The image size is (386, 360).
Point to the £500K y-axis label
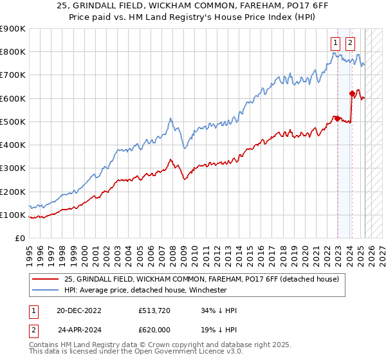pos(12,122)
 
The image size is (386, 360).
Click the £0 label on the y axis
pos(19,238)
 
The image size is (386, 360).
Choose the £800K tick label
pos(12,52)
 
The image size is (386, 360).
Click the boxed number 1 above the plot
pos(336,43)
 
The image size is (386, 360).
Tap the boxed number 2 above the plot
pos(350,43)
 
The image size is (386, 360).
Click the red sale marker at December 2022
pos(337,118)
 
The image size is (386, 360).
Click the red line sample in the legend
pos(46,278)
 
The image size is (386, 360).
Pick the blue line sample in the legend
pos(46,290)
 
